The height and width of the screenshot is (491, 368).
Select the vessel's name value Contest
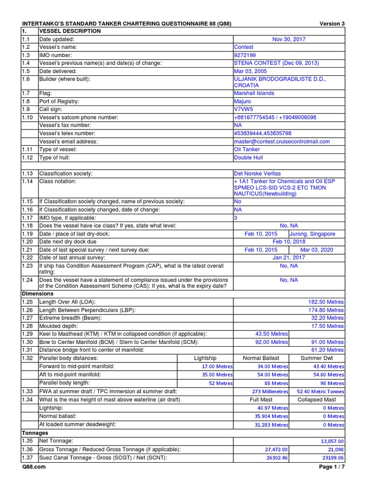(243, 47)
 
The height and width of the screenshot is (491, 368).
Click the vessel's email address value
(282, 141)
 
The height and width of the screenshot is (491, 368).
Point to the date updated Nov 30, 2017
(288, 39)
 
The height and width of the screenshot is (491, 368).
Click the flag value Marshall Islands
(254, 94)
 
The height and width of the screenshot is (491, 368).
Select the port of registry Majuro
(242, 102)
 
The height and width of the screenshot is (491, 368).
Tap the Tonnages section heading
(35, 433)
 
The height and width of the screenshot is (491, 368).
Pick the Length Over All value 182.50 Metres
(326, 302)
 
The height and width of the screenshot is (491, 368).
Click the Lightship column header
(205, 358)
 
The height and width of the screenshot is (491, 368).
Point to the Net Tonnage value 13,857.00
(328, 441)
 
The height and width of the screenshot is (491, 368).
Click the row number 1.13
(28, 173)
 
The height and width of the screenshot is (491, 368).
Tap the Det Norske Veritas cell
(257, 173)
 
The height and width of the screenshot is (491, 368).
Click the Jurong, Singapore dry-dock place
(312, 234)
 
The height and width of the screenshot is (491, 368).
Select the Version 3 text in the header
(332, 23)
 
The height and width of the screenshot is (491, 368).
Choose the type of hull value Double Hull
(248, 157)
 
